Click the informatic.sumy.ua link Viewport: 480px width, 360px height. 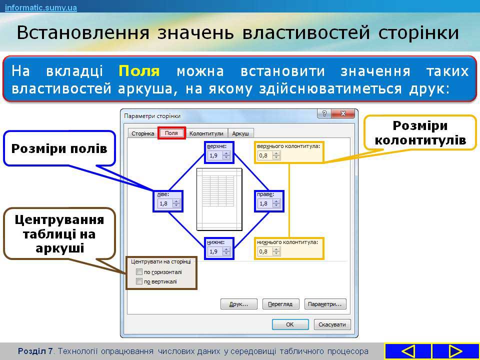click(x=40, y=7)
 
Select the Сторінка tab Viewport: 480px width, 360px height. click(x=142, y=133)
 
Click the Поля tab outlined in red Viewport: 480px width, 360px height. click(x=171, y=133)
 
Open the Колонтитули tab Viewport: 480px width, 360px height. click(x=206, y=133)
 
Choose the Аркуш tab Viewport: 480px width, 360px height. click(x=240, y=133)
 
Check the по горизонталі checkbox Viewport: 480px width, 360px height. click(x=139, y=272)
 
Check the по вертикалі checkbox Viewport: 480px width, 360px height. click(x=139, y=281)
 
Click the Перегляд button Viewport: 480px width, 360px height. click(x=280, y=304)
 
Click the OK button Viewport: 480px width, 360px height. click(x=290, y=324)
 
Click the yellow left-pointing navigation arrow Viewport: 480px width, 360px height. click(x=408, y=351)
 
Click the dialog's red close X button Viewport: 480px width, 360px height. click(x=343, y=114)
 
